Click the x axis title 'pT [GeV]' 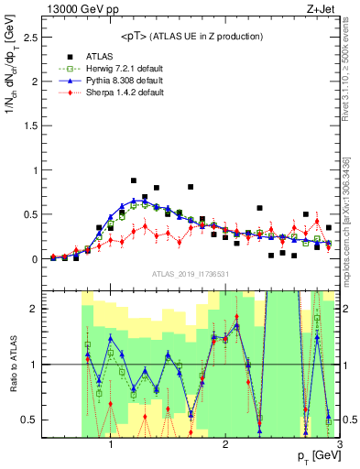click(x=315, y=456)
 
